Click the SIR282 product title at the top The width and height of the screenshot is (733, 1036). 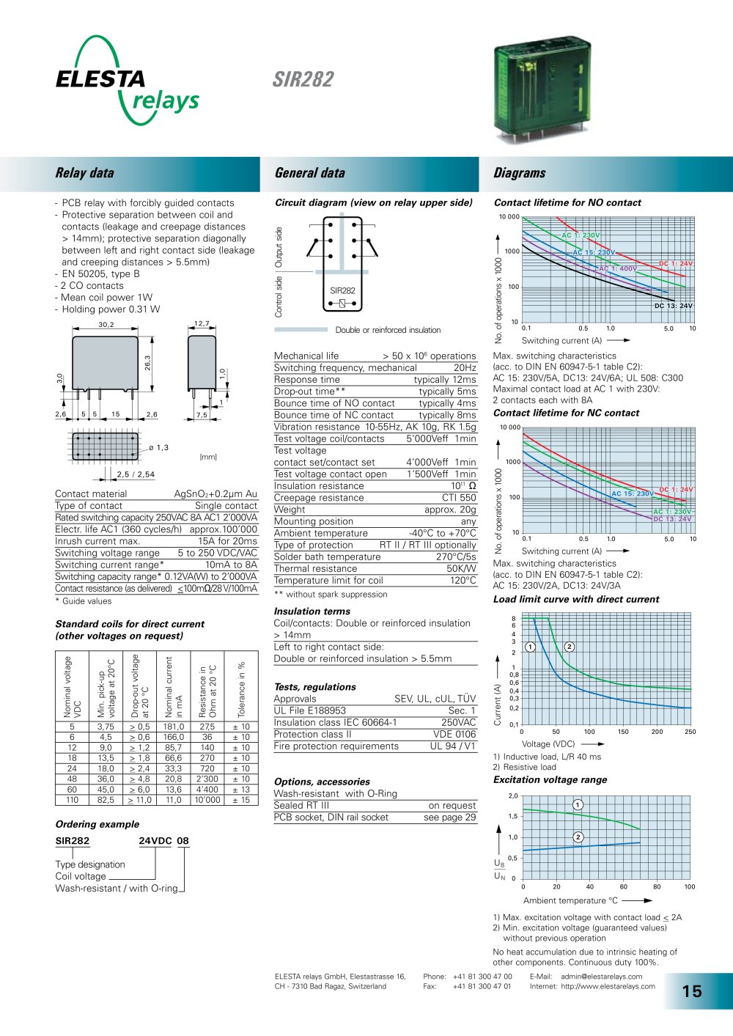(x=303, y=79)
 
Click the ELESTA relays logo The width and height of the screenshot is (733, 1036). (x=128, y=80)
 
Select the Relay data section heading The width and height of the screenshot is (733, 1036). (x=84, y=173)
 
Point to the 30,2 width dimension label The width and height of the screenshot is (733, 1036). (x=106, y=325)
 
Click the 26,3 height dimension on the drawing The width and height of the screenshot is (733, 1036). (x=147, y=362)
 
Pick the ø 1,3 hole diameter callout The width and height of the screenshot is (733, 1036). (x=158, y=447)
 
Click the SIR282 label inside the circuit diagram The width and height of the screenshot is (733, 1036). (x=342, y=290)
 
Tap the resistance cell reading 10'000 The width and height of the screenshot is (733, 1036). (x=207, y=800)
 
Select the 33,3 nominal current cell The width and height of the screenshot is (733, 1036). (x=174, y=768)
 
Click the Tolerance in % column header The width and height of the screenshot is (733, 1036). (x=241, y=689)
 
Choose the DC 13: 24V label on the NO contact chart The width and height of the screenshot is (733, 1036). (x=674, y=306)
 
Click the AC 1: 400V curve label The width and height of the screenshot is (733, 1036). (x=618, y=268)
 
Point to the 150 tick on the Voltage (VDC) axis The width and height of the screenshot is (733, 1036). (x=623, y=732)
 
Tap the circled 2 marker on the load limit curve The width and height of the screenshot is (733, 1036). (x=570, y=647)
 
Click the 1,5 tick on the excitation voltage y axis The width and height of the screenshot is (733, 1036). (x=513, y=816)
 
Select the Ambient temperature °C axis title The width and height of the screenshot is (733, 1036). (x=570, y=900)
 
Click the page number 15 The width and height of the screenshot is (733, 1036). (x=692, y=991)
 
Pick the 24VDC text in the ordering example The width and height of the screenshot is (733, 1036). (x=155, y=841)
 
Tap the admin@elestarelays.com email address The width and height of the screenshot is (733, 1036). (x=602, y=977)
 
